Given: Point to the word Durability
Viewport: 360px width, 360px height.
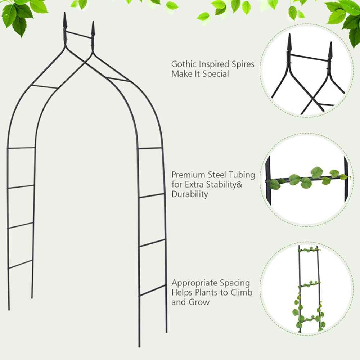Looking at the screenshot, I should (189, 194).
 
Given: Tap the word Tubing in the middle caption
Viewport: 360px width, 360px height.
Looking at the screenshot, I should (242, 175).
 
